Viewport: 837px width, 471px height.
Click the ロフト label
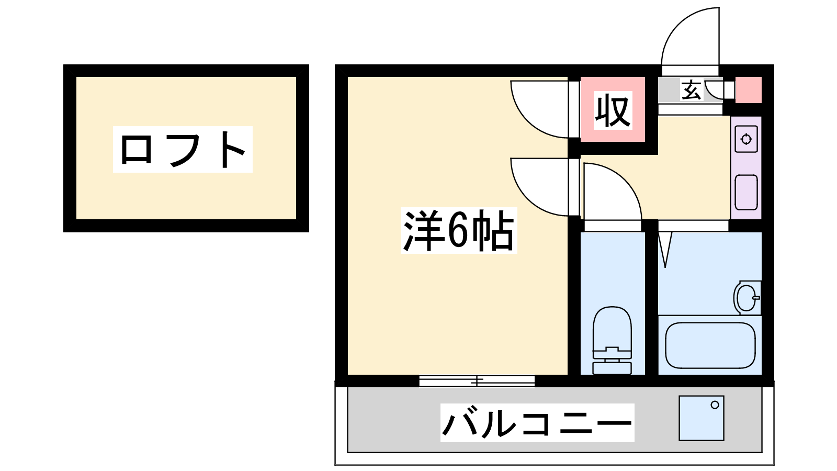183,149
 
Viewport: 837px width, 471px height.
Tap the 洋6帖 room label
459,231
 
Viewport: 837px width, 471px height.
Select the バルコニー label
537,423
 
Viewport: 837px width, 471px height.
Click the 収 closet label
613,110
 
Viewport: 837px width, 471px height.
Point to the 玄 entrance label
691,91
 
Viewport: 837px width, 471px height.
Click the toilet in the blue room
612,340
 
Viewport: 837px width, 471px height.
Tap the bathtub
710,345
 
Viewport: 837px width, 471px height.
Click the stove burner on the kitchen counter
746,140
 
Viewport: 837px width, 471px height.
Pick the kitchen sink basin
746,192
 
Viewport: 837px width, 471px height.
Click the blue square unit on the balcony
701,418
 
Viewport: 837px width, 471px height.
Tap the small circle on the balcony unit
715,405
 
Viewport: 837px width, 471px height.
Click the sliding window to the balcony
477,381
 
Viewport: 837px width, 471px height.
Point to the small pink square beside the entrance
749,90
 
